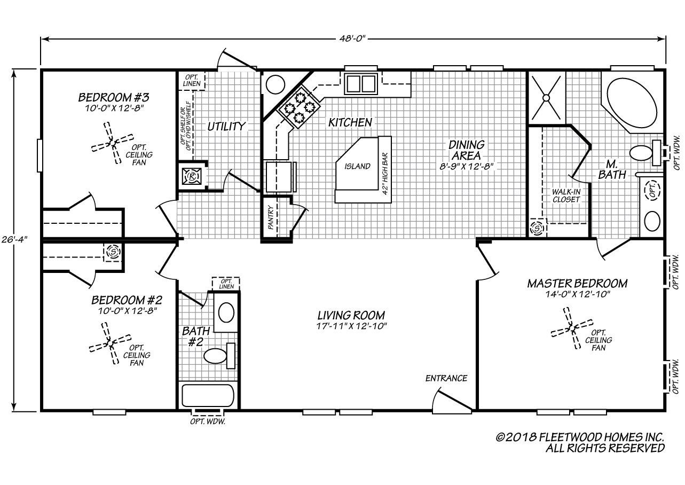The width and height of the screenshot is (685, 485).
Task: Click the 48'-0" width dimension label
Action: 352,38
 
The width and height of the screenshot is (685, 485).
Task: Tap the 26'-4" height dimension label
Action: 14,239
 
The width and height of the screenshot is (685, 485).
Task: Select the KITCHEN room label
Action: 350,122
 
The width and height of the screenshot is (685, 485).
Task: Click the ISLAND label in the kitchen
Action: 357,167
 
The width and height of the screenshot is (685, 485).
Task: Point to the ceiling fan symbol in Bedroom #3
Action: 113,143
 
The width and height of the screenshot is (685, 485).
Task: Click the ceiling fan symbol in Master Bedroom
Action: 572,328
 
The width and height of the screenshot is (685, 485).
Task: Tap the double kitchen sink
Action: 361,83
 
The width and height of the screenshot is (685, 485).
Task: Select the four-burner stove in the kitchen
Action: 298,107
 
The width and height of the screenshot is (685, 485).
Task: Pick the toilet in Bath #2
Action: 219,356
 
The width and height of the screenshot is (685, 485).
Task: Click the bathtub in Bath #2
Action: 208,395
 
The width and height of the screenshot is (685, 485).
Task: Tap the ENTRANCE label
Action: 446,379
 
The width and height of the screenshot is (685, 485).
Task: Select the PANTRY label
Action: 271,217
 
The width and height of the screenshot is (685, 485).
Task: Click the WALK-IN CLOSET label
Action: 566,196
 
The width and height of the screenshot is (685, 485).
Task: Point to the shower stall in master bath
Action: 547,98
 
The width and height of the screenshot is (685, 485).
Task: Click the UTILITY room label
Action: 226,126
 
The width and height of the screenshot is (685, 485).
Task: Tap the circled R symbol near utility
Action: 192,176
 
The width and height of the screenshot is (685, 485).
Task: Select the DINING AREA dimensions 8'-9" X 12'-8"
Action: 466,167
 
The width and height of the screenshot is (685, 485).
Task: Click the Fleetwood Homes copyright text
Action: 580,442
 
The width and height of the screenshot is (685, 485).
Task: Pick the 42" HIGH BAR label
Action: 385,174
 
